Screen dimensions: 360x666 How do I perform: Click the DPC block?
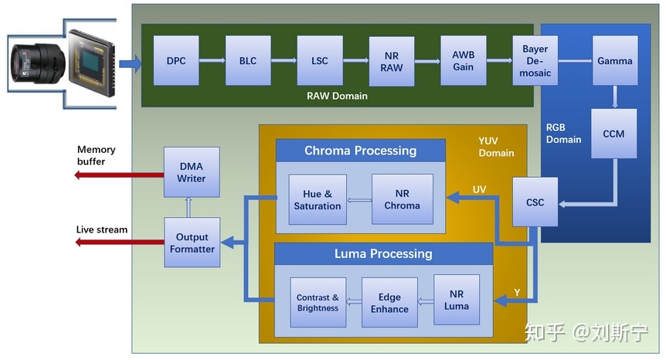pyautogui.click(x=176, y=60)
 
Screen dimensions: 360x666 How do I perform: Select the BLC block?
pyautogui.click(x=248, y=60)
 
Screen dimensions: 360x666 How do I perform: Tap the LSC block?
pyautogui.click(x=319, y=60)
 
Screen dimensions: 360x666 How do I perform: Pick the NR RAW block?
pyautogui.click(x=392, y=62)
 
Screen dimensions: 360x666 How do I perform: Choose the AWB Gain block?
pyautogui.click(x=464, y=60)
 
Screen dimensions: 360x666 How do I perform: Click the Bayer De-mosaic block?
pyautogui.click(x=535, y=60)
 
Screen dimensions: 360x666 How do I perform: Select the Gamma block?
pyautogui.click(x=615, y=60)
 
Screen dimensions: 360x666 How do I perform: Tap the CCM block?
pyautogui.click(x=613, y=134)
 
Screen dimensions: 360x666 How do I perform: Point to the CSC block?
pyautogui.click(x=535, y=202)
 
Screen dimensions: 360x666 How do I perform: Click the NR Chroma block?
pyautogui.click(x=402, y=199)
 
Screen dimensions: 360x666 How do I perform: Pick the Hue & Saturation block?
pyautogui.click(x=318, y=199)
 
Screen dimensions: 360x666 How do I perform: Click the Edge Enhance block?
pyautogui.click(x=389, y=303)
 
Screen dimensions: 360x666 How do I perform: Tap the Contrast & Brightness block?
pyautogui.click(x=318, y=303)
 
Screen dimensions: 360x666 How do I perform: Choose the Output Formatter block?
pyautogui.click(x=192, y=243)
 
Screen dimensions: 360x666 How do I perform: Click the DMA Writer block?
pyautogui.click(x=192, y=172)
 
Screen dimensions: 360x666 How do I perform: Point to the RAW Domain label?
pyautogui.click(x=337, y=97)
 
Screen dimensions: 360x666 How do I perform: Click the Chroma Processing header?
pyautogui.click(x=360, y=151)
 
